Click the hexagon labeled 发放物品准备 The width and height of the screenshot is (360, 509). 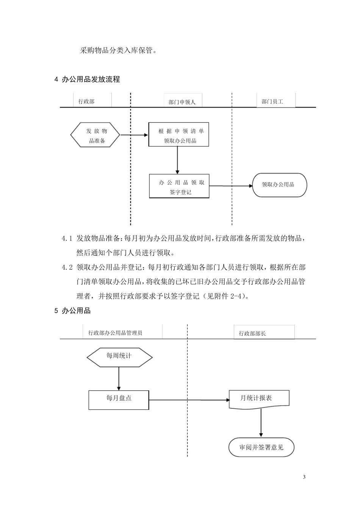coord(95,135)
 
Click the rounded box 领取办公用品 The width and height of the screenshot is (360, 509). coord(279,185)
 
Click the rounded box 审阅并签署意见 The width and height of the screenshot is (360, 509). coord(261,447)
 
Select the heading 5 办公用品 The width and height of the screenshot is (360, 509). coord(73,311)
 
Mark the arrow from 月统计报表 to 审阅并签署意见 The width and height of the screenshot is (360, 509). coord(261,423)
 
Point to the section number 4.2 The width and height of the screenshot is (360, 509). coord(67,267)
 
